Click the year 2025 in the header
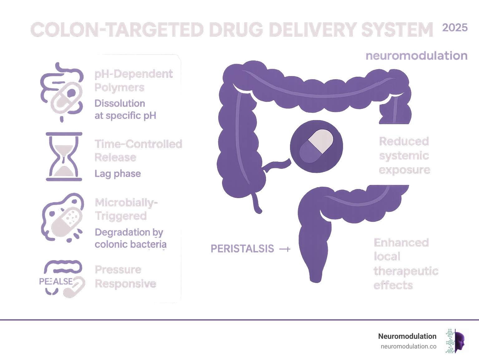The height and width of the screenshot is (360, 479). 455,28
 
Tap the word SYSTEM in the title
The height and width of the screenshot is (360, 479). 397,30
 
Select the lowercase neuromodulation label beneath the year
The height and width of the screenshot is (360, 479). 416,56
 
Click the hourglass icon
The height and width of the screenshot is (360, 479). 64,157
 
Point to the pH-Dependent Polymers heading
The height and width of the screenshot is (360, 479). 133,80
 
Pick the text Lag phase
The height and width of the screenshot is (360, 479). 118,174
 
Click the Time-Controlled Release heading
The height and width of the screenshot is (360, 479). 138,150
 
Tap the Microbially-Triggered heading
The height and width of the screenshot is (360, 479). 126,209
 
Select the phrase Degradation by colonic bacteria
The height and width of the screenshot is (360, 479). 130,238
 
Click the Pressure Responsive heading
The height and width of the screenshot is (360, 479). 125,276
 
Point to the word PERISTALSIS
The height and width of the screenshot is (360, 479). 242,249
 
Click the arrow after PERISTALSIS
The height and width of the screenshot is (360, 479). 284,249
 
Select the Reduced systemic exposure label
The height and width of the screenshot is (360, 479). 404,155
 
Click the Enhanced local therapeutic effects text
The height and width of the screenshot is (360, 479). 405,264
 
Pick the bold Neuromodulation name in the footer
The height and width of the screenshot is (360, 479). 407,336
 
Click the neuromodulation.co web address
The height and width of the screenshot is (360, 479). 408,346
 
